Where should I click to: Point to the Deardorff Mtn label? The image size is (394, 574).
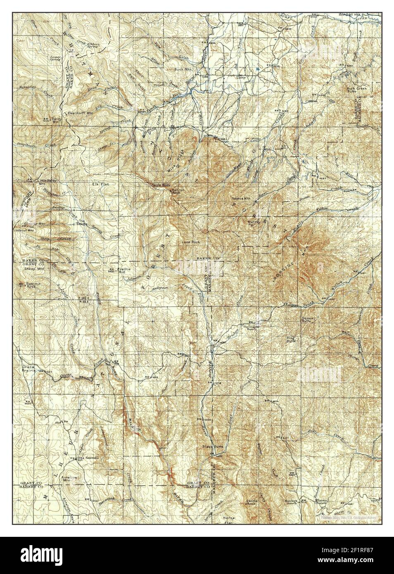coord(77,112)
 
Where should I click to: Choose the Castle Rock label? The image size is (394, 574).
coord(252,503)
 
